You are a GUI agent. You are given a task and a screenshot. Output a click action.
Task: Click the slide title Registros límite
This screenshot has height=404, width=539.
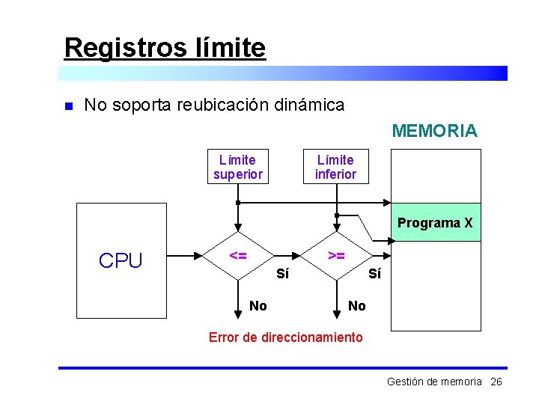[x=165, y=48]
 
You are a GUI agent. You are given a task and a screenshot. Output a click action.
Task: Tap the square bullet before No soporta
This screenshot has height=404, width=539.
[x=67, y=106]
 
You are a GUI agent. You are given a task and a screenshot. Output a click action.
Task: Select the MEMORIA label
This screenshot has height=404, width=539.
[x=434, y=132]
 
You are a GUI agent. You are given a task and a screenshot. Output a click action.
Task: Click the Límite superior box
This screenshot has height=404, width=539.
[x=238, y=167]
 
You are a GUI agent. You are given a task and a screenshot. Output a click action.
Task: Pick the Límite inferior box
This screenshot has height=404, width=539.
[x=335, y=167]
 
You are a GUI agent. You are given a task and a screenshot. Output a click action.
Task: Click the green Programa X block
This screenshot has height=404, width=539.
[x=435, y=222]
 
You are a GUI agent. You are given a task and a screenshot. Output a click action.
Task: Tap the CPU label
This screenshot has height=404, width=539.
[x=121, y=260]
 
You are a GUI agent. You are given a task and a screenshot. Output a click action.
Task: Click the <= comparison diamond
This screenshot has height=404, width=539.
[x=238, y=256]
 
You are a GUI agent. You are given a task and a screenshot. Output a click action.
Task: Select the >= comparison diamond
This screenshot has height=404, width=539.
[x=336, y=256]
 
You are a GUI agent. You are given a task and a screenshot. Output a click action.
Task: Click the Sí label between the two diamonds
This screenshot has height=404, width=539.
[x=282, y=274]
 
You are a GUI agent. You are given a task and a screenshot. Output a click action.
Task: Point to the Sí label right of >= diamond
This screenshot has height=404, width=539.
[x=374, y=274]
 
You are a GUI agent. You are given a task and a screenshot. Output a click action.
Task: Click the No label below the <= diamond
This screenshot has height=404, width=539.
[x=258, y=305]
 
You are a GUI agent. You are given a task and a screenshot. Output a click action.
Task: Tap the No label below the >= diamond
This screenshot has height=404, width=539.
[x=357, y=305]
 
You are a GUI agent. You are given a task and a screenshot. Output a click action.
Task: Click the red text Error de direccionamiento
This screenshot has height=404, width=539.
[x=285, y=337]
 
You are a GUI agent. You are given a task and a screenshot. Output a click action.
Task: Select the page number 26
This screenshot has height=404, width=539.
[x=496, y=382]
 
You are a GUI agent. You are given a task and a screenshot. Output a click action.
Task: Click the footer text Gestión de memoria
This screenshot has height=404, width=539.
[x=434, y=382]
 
